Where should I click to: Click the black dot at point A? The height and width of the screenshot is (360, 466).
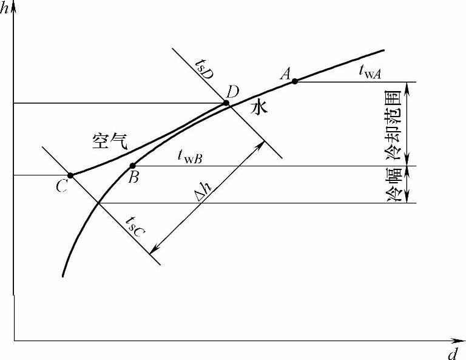294,81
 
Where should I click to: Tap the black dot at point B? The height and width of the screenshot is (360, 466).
132,166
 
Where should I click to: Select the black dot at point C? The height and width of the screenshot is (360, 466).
70,175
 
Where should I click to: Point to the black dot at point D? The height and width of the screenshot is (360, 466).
226,103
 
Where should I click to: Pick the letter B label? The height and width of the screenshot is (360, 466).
135,177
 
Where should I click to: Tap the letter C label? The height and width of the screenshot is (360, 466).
61,186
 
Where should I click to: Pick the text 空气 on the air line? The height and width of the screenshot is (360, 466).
107,141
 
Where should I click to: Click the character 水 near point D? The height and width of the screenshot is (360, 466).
259,108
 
